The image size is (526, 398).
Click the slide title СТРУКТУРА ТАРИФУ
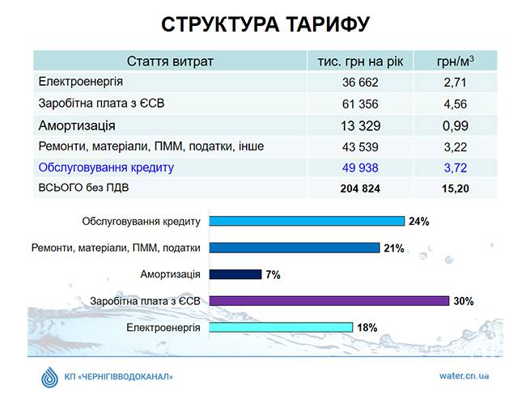pyautogui.click(x=265, y=24)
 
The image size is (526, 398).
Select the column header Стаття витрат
pyautogui.click(x=170, y=61)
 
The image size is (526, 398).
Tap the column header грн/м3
pyautogui.click(x=455, y=61)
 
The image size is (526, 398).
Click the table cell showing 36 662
pyautogui.click(x=360, y=83)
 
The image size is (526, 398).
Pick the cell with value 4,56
pyautogui.click(x=455, y=104)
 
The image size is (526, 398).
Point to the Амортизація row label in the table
pyautogui.click(x=77, y=125)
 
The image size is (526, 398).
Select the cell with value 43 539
pyautogui.click(x=360, y=146)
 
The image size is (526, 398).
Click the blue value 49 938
pyautogui.click(x=360, y=167)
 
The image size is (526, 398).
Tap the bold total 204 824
pyautogui.click(x=360, y=188)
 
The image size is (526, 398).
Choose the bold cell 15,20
pyautogui.click(x=455, y=188)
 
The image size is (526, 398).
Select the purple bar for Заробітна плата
pyautogui.click(x=329, y=301)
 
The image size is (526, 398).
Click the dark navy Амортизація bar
pyautogui.click(x=235, y=274)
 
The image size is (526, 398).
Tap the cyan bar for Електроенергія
pyautogui.click(x=281, y=328)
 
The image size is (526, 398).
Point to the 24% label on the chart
pyautogui.click(x=418, y=222)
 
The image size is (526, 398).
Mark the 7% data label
pyautogui.click(x=272, y=275)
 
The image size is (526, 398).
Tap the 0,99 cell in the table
pyautogui.click(x=455, y=125)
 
